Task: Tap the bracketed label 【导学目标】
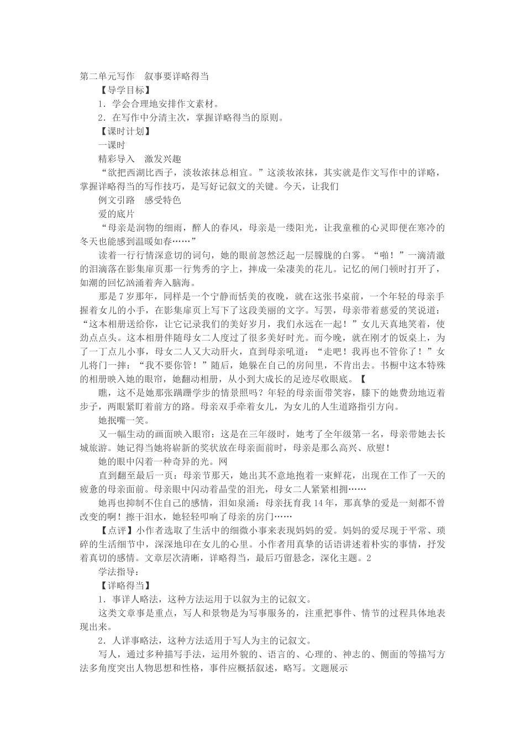(x=123, y=90)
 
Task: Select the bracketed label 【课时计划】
(x=123, y=132)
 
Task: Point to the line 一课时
(x=112, y=145)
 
